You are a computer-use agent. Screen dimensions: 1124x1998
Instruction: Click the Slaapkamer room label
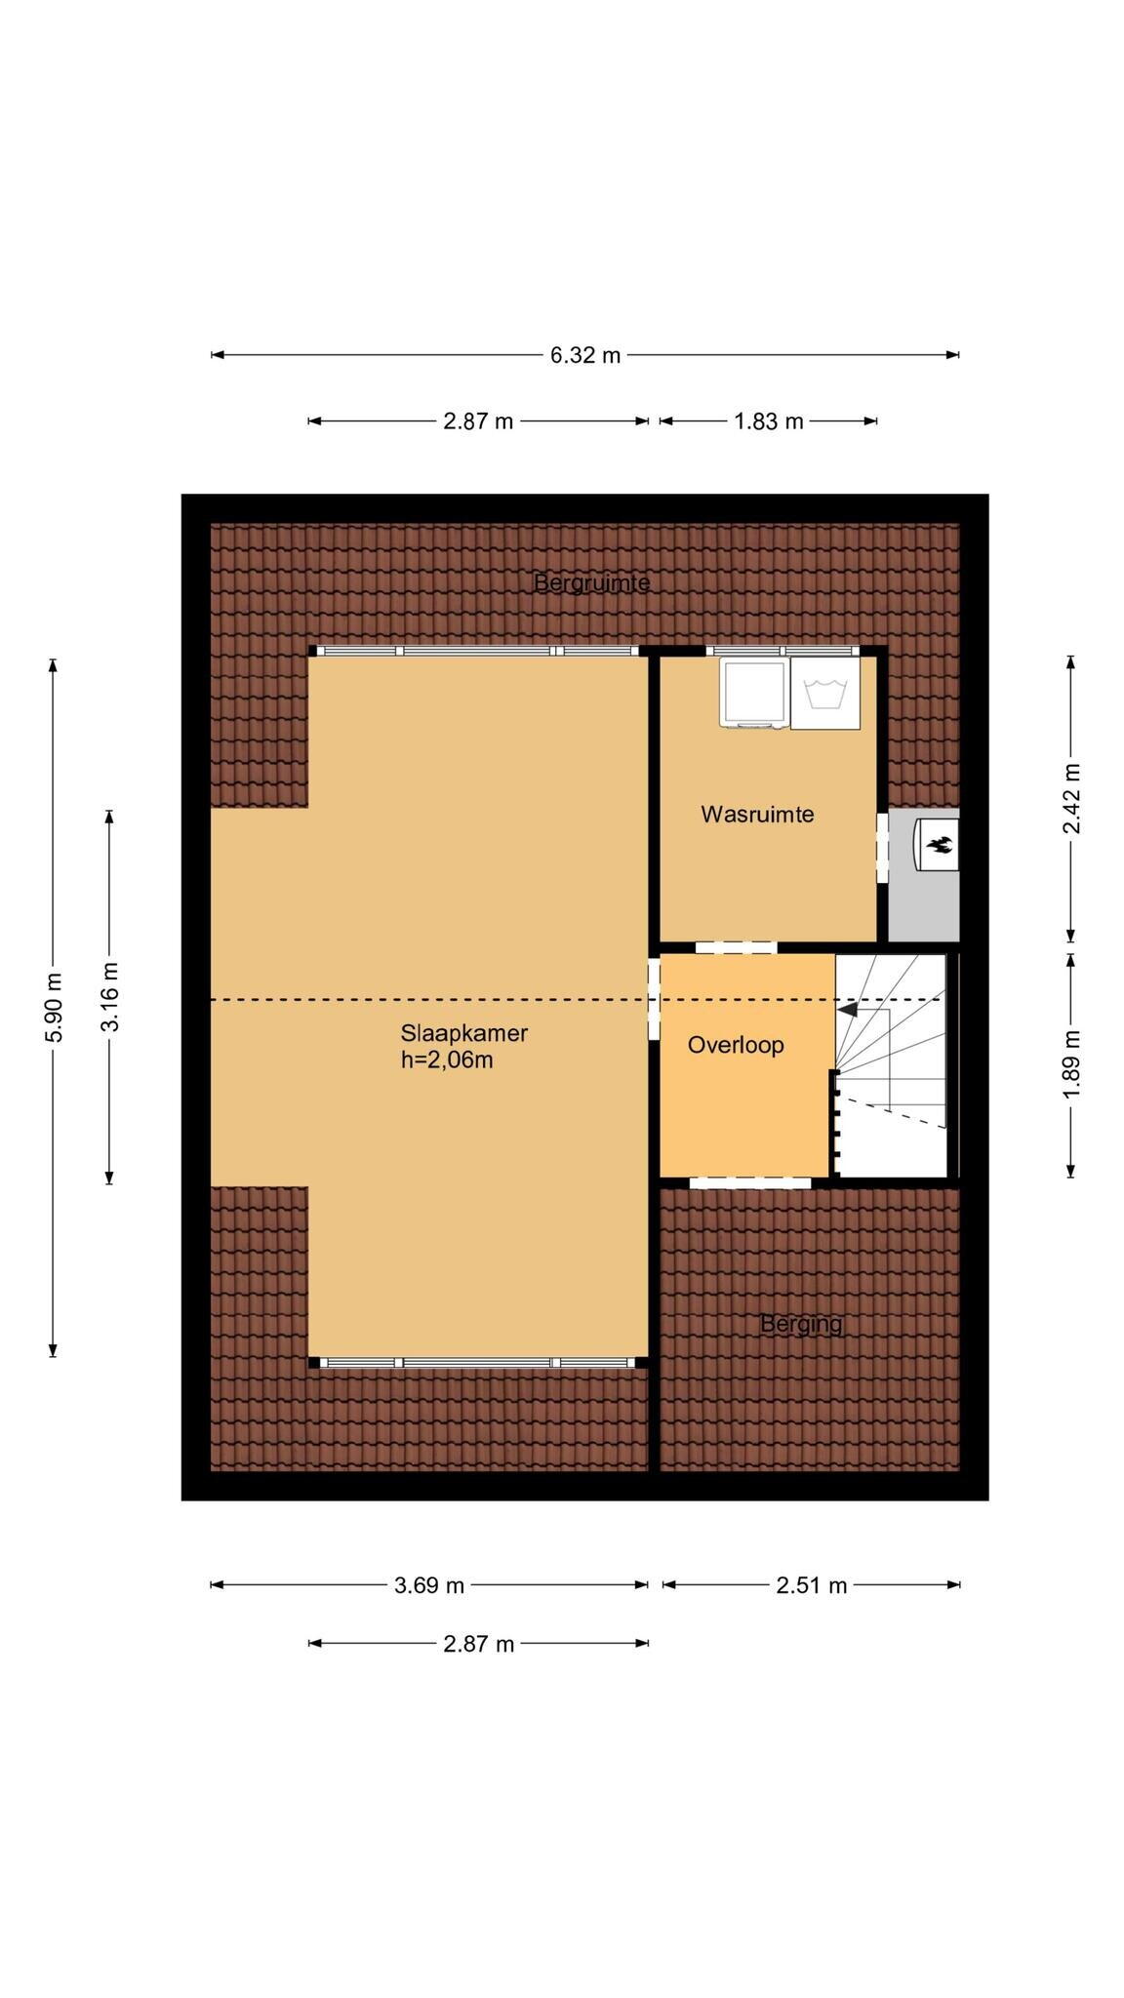pos(463,1033)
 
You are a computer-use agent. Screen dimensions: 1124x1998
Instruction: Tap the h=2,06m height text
pos(447,1059)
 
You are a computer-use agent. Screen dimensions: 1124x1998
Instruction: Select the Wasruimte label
pos(757,815)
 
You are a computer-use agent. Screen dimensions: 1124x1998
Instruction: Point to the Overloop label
pos(736,1045)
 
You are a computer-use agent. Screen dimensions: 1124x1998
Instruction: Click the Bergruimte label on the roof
pos(591,583)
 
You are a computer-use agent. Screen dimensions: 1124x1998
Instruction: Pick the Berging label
pos(801,1324)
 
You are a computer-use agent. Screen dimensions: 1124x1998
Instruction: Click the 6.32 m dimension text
pos(585,355)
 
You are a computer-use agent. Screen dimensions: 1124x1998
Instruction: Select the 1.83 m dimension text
pos(769,421)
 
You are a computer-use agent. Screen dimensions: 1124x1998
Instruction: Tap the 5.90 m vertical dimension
pos(54,1008)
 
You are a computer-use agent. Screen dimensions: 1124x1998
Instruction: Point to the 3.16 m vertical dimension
pos(110,996)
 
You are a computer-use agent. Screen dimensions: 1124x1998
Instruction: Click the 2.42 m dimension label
pos(1071,799)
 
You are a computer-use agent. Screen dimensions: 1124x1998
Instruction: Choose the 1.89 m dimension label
pos(1071,1063)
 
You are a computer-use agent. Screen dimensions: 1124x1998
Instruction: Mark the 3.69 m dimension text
pos(429,1585)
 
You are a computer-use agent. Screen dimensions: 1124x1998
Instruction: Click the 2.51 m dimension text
pos(812,1585)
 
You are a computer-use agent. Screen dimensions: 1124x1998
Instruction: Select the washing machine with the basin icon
pos(825,693)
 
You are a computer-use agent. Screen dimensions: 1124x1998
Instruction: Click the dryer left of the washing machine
pos(753,693)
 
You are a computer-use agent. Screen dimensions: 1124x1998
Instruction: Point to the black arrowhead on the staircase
pos(848,1010)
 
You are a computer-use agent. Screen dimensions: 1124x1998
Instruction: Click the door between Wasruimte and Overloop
pos(736,946)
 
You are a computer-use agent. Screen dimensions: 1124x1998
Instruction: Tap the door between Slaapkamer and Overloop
pos(654,1000)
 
